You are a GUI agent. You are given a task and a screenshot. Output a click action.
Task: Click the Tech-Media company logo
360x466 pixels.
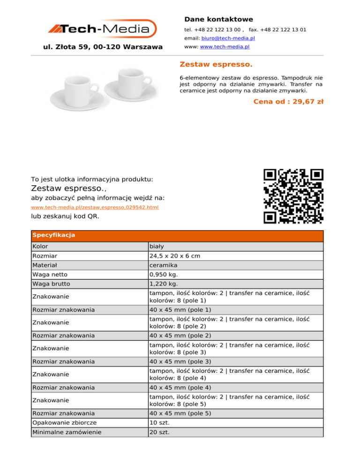tap(103, 29)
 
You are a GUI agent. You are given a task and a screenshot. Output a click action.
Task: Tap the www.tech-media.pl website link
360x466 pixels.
tap(225, 47)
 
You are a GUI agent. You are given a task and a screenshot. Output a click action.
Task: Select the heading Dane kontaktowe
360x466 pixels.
tap(218, 19)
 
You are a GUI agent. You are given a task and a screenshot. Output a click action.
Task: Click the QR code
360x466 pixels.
tap(293, 196)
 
